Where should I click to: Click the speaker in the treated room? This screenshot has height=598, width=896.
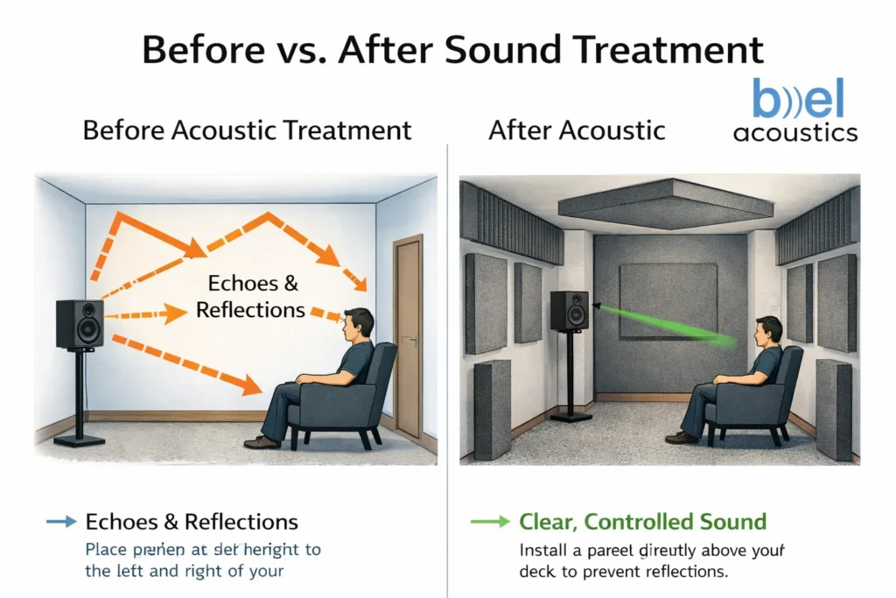(x=569, y=311)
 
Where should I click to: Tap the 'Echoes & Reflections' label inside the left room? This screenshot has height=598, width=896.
(x=251, y=297)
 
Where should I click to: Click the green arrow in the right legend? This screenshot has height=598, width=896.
(x=489, y=523)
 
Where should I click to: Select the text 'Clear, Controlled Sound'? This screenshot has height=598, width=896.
(x=642, y=523)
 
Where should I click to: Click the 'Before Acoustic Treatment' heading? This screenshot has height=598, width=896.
(x=247, y=131)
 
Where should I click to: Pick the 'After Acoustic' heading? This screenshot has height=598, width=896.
(x=577, y=131)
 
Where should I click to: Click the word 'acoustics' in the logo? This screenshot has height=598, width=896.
(x=795, y=133)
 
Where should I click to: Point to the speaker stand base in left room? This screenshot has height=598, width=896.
(x=79, y=440)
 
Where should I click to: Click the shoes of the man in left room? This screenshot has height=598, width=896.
(x=261, y=442)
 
